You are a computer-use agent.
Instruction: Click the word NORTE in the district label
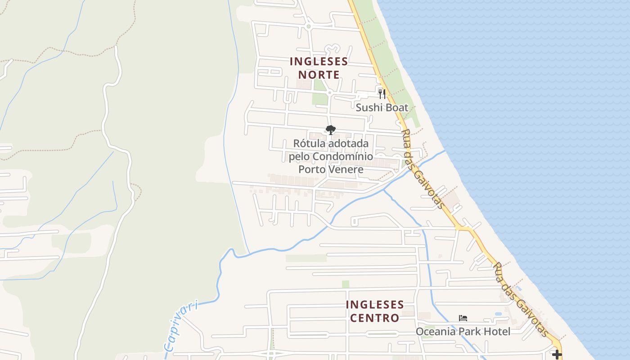pyautogui.click(x=319, y=74)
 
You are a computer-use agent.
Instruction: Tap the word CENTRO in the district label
pyautogui.click(x=374, y=318)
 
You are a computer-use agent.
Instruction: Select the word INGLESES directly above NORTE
pyautogui.click(x=319, y=61)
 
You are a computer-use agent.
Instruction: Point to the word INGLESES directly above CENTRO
pyautogui.click(x=374, y=305)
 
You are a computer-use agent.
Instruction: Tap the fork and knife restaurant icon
pyautogui.click(x=382, y=94)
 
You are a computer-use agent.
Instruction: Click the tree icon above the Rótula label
pyautogui.click(x=331, y=130)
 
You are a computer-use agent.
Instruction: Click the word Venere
pyautogui.click(x=347, y=169)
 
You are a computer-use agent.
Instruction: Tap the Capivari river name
pyautogui.click(x=181, y=326)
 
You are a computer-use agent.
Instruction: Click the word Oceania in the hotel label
pyautogui.click(x=435, y=332)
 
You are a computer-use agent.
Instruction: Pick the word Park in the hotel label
pyautogui.click(x=468, y=332)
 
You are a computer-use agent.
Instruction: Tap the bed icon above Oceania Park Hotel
pyautogui.click(x=463, y=318)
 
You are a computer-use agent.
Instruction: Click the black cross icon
pyautogui.click(x=557, y=355)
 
